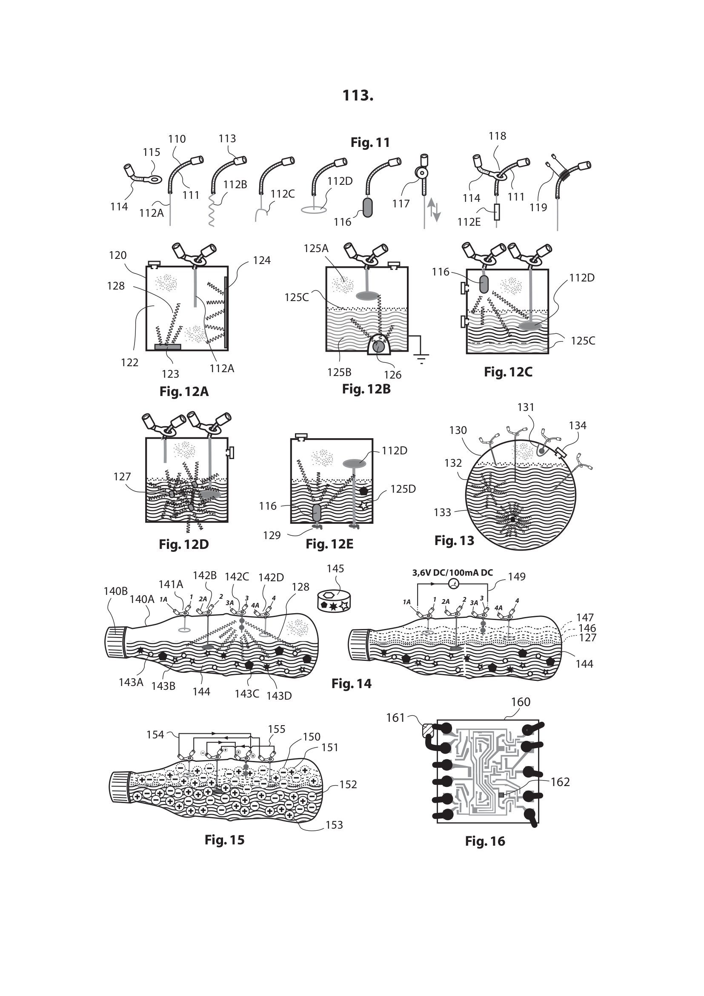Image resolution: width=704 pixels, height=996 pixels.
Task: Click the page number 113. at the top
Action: coord(358,95)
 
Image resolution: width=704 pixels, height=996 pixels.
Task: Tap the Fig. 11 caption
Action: coord(370,142)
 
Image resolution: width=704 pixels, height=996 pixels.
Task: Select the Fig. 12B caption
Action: coord(366,389)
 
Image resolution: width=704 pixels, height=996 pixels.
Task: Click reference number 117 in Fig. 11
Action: coord(401,204)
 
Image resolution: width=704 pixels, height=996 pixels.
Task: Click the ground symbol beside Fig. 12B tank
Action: coord(421,357)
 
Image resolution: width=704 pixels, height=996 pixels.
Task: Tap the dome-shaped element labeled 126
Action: coord(378,346)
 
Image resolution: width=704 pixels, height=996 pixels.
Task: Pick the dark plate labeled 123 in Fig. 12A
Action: coord(168,347)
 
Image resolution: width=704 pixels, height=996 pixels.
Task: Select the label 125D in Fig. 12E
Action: coord(403,489)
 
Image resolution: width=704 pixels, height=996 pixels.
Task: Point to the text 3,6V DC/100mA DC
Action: coord(452,573)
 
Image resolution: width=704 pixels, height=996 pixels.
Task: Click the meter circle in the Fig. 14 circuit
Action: coord(453,584)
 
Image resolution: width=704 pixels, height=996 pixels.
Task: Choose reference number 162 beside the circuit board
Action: coord(560,782)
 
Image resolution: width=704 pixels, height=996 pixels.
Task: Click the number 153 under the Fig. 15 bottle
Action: coord(334,825)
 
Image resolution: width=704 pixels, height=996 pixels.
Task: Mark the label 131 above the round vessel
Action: coord(525,408)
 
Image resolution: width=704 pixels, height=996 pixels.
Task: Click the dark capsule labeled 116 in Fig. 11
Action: coord(367,207)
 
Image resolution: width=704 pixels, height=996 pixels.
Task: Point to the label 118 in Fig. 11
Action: coord(497,136)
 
